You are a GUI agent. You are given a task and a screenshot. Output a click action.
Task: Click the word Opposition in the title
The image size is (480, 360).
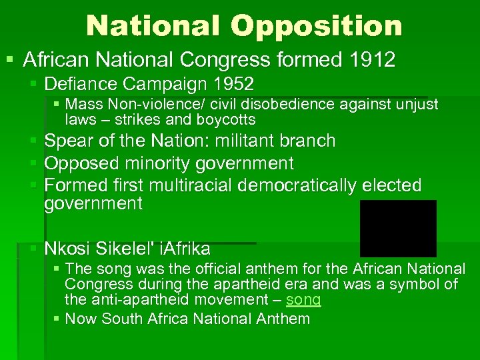click(317, 26)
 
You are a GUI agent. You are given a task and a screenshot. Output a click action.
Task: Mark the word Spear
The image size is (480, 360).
click(66, 141)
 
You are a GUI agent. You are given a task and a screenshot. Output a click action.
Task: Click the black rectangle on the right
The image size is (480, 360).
click(398, 228)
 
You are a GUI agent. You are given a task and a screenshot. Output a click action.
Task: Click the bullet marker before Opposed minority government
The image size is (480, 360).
click(34, 163)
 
